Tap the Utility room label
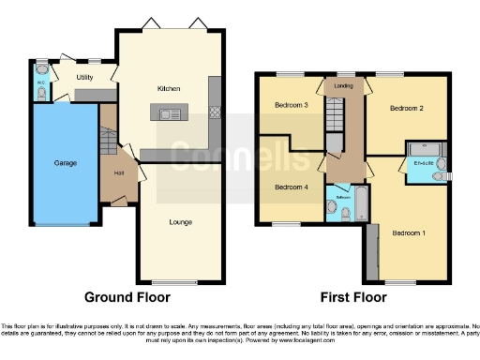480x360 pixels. point(84,76)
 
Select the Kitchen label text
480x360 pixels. point(169,88)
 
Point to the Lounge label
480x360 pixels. point(181,222)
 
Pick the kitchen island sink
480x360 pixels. point(171,114)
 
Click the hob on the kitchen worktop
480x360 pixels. point(215,112)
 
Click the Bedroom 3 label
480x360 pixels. point(292,105)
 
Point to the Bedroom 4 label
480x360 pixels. point(292,187)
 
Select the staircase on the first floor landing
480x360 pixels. point(335,118)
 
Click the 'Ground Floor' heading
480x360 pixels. point(127,297)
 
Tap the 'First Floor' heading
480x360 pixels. point(352,297)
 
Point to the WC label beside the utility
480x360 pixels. point(40,82)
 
